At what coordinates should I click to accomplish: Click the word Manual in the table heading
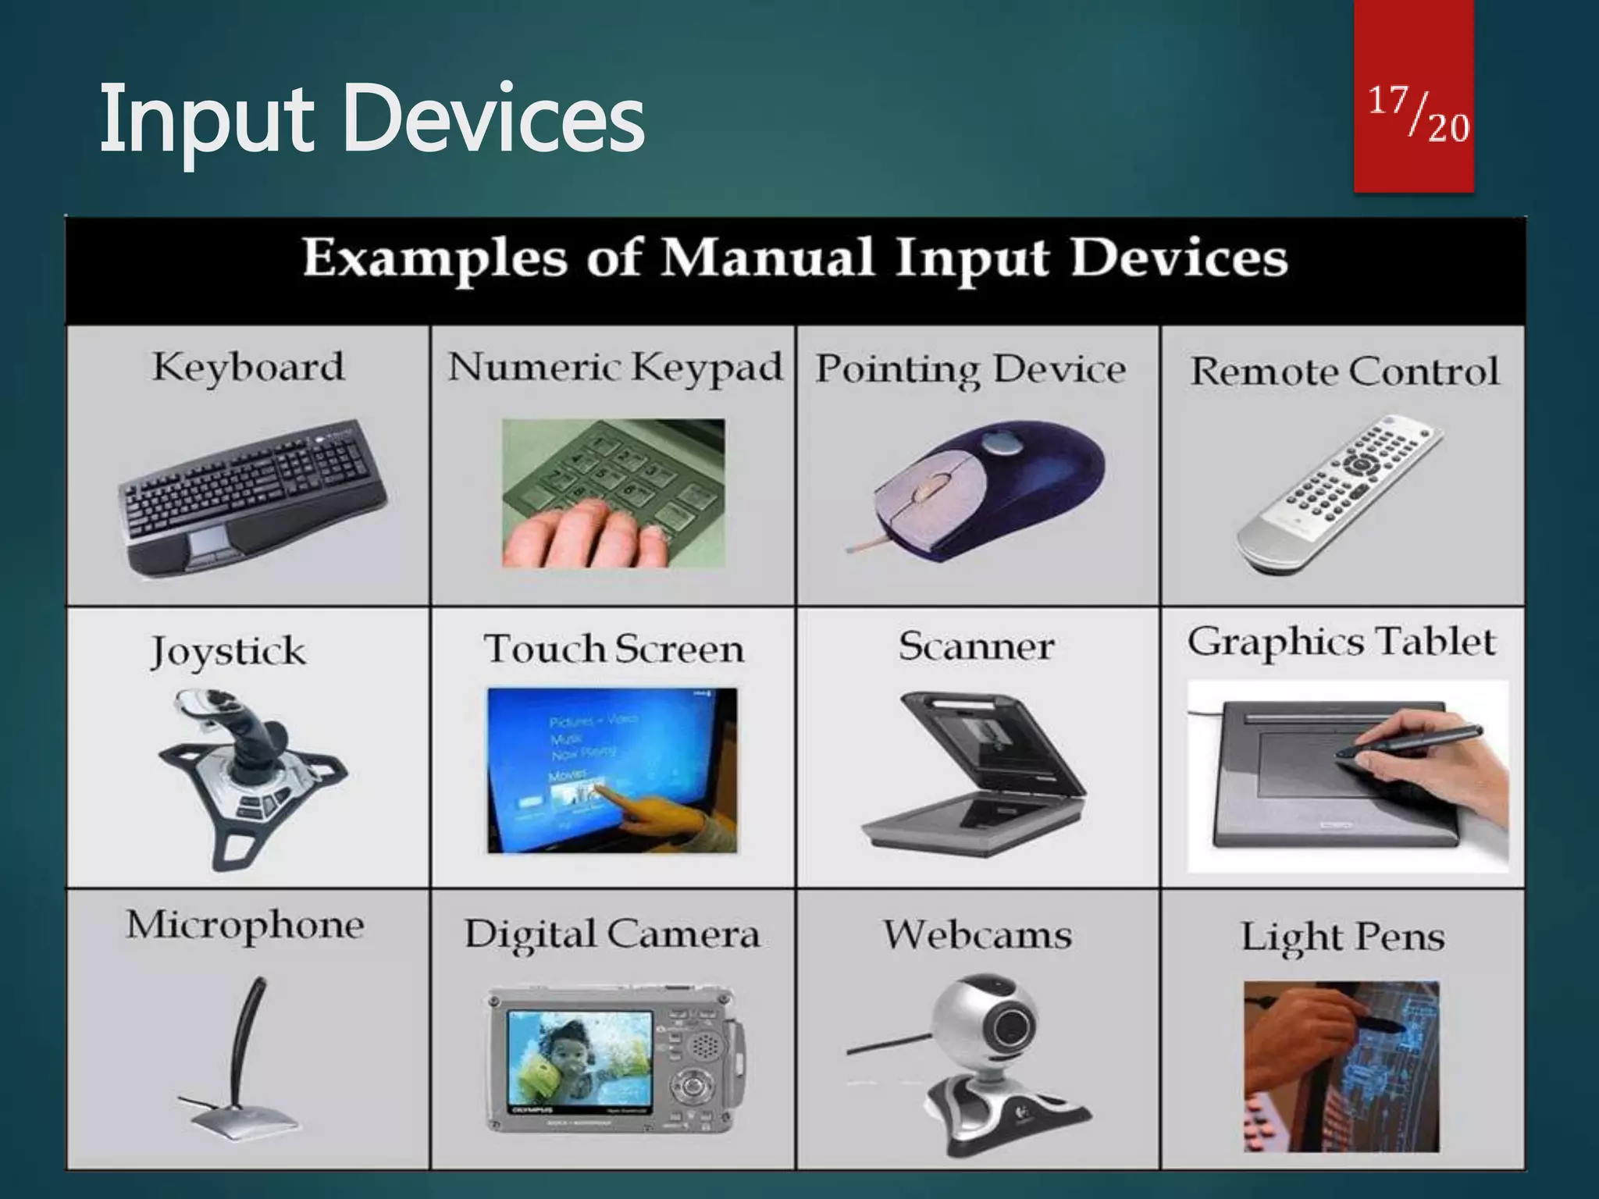767,258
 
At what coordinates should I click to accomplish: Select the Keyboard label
248,367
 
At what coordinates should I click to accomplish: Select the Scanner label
976,646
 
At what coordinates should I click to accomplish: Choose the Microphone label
245,926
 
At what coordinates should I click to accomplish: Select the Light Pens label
1343,937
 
